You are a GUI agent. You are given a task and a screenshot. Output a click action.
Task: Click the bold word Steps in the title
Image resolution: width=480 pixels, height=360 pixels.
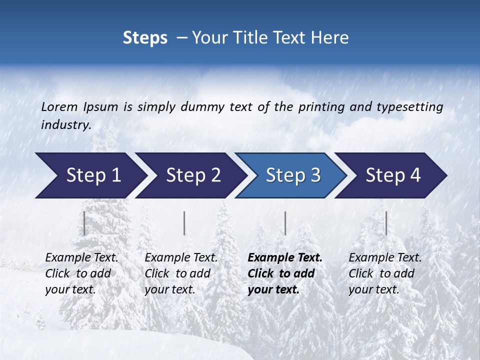point(145,38)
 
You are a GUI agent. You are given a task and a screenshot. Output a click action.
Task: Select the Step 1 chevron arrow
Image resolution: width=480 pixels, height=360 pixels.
point(90,175)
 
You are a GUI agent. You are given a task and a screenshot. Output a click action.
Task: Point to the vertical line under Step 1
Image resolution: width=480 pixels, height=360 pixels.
point(84,223)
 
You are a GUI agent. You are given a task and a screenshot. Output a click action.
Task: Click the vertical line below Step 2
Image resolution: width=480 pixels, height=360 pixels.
point(184,223)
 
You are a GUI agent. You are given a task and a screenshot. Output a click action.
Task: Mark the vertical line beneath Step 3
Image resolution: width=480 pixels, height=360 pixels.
point(285,223)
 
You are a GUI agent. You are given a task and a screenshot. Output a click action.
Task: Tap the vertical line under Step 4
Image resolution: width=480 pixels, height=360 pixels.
point(386,223)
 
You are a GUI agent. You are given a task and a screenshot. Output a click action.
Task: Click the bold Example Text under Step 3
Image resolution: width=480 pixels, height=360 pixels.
point(285,258)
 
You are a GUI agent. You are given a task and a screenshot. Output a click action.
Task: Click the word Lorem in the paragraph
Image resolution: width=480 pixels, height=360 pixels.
point(59,106)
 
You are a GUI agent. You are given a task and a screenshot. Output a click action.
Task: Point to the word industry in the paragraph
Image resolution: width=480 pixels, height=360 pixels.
point(66,125)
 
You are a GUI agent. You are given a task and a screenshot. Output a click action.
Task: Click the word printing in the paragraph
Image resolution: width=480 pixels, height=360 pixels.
point(318,106)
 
